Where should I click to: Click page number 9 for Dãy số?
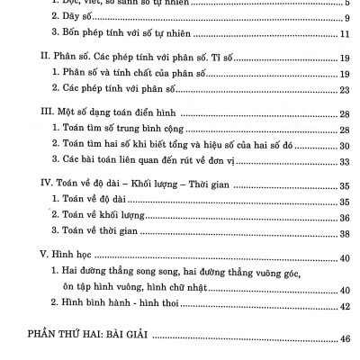tap(346, 18)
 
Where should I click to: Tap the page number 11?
tap(345, 34)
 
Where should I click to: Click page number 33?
tap(345, 161)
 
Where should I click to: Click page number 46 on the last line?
tap(345, 339)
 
